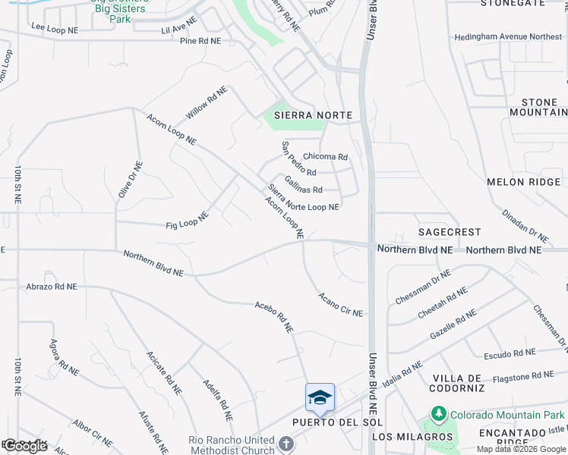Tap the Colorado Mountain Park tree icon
(x=438, y=415)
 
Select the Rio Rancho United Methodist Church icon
(x=285, y=443)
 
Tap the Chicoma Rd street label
(x=326, y=157)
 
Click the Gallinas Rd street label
(x=303, y=184)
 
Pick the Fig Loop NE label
(x=187, y=221)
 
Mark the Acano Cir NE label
(x=340, y=305)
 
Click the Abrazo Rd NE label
(x=52, y=287)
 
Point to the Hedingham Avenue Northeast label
(x=508, y=36)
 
